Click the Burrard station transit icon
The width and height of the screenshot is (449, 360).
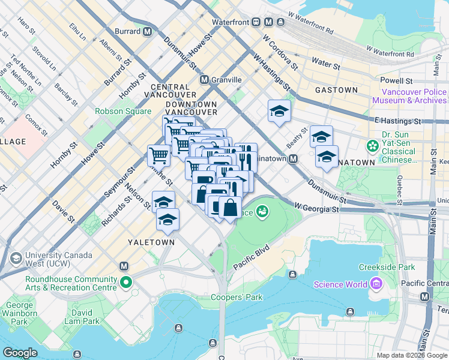147,31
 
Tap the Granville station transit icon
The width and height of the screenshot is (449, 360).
204,79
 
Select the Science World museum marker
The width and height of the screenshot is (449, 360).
376,283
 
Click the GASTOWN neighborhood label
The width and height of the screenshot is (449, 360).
336,90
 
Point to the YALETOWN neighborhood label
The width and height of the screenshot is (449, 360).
151,242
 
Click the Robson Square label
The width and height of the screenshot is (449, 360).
123,111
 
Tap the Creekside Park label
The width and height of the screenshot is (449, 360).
386,266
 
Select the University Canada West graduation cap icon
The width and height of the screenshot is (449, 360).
16,259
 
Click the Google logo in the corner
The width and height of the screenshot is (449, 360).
20,353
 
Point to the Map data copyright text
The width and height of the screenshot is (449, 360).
411,355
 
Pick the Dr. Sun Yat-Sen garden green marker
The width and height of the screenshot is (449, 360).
372,145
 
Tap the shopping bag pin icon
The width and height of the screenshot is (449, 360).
231,208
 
